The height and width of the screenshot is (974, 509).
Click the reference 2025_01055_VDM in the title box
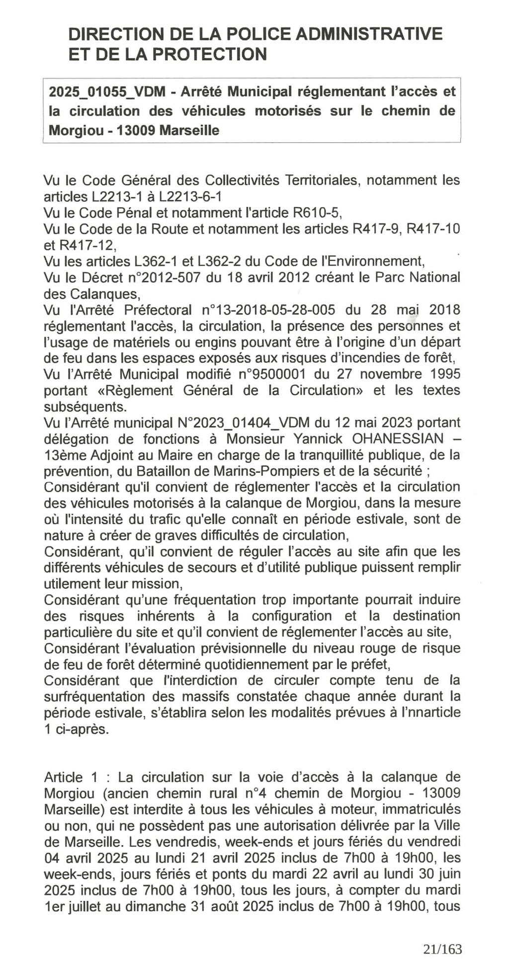[107, 91]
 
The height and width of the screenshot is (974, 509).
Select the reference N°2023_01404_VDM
[244, 423]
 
